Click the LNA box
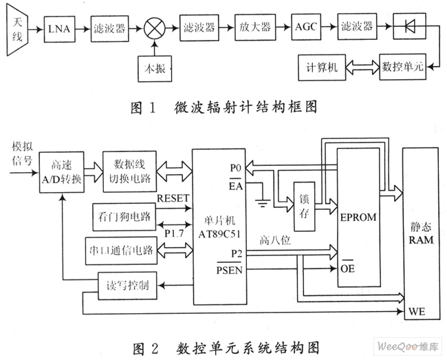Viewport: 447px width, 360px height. (60, 29)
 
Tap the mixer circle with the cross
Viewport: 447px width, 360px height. (155, 28)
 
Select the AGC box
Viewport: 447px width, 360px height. (306, 27)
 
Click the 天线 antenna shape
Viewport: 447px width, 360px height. (17, 30)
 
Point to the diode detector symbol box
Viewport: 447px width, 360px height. (410, 26)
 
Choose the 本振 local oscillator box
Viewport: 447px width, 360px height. (155, 69)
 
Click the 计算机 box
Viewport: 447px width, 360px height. (322, 67)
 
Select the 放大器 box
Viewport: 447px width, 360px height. (255, 27)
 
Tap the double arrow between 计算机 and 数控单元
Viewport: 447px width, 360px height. (362, 67)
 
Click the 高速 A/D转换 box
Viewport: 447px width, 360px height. (62, 172)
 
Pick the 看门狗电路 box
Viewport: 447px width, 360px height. (124, 217)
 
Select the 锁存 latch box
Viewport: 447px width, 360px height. (304, 207)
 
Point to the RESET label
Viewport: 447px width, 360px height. (173, 198)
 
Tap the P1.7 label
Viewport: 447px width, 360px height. (174, 233)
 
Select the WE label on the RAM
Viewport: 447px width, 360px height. (417, 312)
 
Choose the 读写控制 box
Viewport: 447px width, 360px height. (127, 286)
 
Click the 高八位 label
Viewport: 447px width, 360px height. (275, 240)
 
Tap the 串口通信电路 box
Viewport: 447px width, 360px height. (122, 251)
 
